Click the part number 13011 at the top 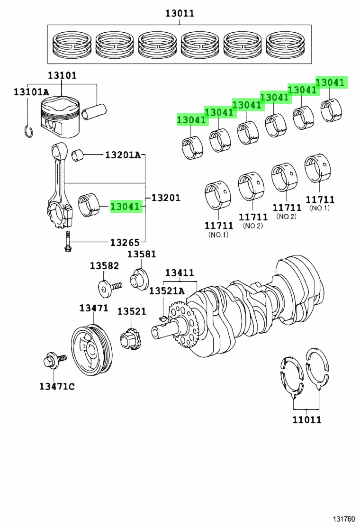point(180,13)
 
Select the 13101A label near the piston point(31,92)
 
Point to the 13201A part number point(123,154)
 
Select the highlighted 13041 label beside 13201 point(126,206)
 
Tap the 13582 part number point(104,266)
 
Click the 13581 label point(141,254)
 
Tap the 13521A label point(166,291)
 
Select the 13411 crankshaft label point(179,273)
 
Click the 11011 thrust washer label point(306,419)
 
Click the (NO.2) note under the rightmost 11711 point(287,216)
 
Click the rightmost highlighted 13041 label point(330,82)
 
